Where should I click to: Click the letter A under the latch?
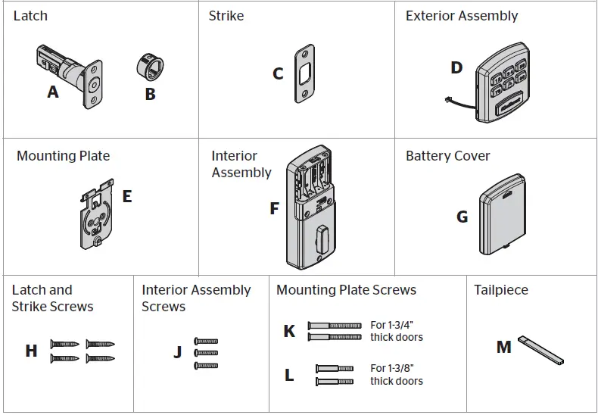[52, 92]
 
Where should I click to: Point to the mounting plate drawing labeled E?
[97, 214]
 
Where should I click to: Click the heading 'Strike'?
[226, 16]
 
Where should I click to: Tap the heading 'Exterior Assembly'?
[462, 16]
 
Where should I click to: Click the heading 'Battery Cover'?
[447, 156]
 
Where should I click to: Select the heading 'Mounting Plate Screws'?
[346, 290]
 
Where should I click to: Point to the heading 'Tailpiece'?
[501, 290]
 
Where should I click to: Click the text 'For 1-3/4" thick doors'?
[397, 331]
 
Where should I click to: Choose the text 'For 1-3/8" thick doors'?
[397, 375]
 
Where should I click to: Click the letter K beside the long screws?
[289, 332]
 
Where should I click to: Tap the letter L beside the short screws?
[289, 375]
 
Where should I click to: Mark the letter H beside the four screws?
[31, 351]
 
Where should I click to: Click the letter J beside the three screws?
[177, 352]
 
